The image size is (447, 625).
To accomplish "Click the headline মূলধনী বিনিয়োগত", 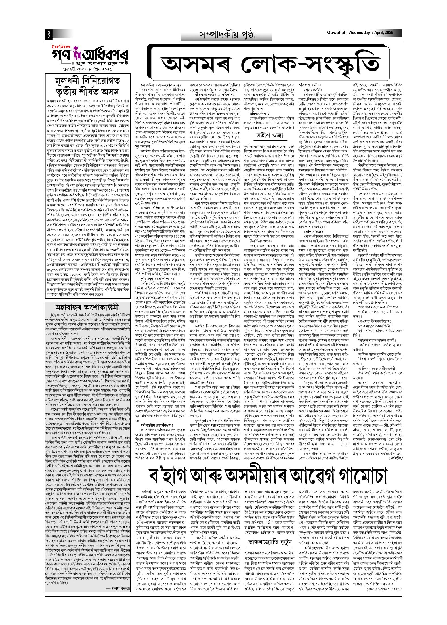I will click(x=87, y=81).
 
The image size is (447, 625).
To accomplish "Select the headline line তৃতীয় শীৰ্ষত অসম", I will click(x=87, y=92).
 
